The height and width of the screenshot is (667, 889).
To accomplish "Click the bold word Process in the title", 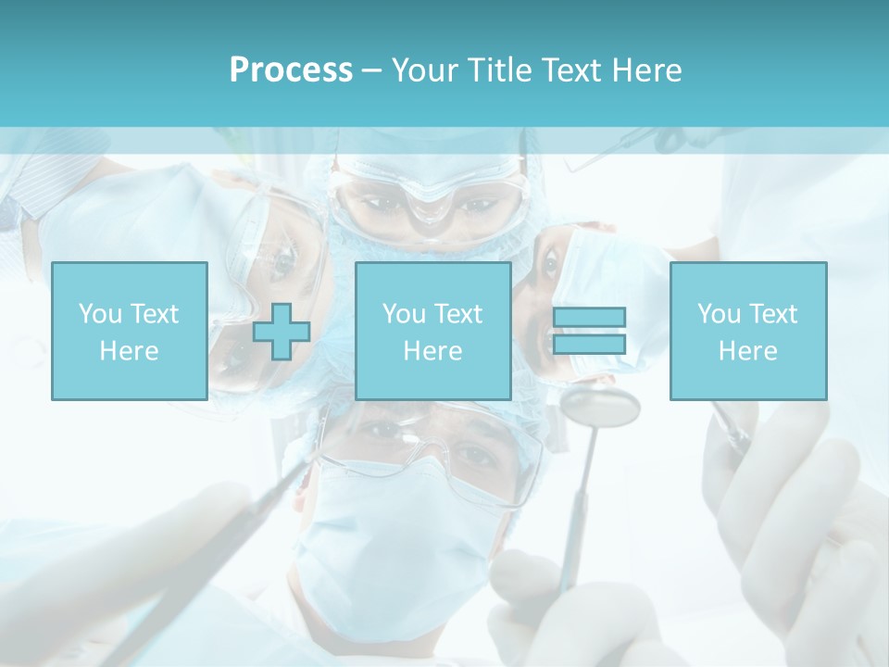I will [291, 70].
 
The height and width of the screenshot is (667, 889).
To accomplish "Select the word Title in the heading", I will [500, 70].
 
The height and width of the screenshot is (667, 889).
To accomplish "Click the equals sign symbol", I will [589, 331].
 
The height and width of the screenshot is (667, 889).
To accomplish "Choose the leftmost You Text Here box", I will [129, 331].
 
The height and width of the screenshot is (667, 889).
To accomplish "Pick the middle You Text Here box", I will [432, 331].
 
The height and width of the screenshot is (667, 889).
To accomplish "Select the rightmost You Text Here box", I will [747, 331].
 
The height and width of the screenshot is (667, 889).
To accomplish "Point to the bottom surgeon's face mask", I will [398, 537].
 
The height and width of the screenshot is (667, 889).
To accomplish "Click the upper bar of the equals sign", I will [589, 317].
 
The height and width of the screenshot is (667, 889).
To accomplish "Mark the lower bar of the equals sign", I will [589, 345].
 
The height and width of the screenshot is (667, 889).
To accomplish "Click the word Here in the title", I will [648, 70].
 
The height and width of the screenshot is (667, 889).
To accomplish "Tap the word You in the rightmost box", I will [718, 314].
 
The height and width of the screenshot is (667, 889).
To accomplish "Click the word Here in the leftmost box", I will [129, 351].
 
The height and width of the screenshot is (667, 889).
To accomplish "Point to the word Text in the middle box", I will [458, 314].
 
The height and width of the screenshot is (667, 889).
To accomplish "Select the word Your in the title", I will [424, 70].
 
